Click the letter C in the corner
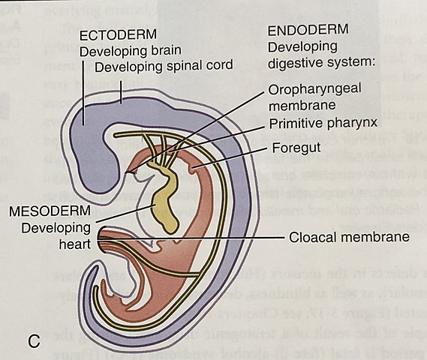34,341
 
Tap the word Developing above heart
55,226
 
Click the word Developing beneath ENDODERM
298,47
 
